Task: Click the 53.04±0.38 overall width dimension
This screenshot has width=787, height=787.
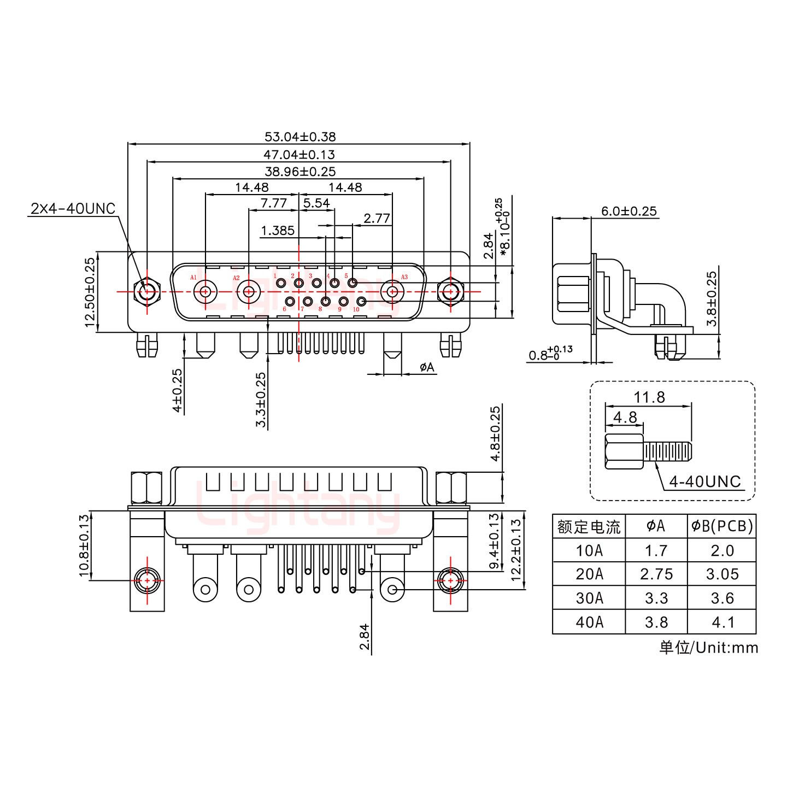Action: point(299,137)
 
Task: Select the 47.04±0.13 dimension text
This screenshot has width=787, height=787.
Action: point(299,155)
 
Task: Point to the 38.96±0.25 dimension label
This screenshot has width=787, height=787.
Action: point(299,172)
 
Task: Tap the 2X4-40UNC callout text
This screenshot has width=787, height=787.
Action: point(73,209)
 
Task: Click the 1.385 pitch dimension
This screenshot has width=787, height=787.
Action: point(278,230)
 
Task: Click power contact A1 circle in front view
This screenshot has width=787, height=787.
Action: point(205,291)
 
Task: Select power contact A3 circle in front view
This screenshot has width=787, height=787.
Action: point(392,291)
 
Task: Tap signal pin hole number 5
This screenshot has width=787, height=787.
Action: point(353,283)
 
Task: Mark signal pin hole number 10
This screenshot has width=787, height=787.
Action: point(361,301)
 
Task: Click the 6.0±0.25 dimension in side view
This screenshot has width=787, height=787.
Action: point(629,212)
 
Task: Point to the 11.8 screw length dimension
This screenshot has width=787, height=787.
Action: point(649,397)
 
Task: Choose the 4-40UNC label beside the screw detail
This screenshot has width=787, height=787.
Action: point(704,481)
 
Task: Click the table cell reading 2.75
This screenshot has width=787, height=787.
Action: point(656,574)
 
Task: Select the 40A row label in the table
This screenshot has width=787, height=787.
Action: point(589,622)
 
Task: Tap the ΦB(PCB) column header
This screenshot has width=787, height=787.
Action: point(721,526)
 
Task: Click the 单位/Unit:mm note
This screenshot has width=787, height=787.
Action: point(708,648)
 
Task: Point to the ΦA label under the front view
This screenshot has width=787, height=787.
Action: point(427,367)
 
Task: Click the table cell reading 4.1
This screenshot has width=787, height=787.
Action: point(722,622)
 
